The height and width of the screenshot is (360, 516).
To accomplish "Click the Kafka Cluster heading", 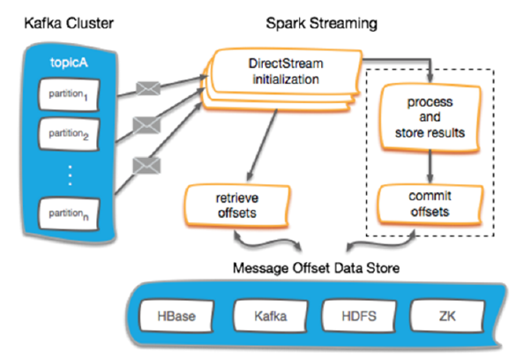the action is pyautogui.click(x=69, y=23).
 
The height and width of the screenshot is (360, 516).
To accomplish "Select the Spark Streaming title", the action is pyautogui.click(x=322, y=23).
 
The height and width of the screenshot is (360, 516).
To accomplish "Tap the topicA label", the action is pyautogui.click(x=69, y=62).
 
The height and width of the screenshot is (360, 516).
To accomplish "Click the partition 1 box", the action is pyautogui.click(x=69, y=94).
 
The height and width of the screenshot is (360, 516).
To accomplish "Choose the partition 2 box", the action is pyautogui.click(x=69, y=134).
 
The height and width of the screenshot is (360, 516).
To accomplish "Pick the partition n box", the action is pyautogui.click(x=69, y=214).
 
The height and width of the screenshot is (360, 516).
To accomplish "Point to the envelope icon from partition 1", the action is pyautogui.click(x=148, y=88).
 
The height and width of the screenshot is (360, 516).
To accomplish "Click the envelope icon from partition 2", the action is pyautogui.click(x=146, y=125).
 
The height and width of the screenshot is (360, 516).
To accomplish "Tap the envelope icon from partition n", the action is pyautogui.click(x=146, y=166).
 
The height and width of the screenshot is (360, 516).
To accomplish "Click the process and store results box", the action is pyautogui.click(x=430, y=117).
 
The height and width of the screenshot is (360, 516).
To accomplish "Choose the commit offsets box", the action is pyautogui.click(x=430, y=204).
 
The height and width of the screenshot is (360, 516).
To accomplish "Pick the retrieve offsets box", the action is pyautogui.click(x=237, y=206).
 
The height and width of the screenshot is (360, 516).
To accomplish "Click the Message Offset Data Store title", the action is pyautogui.click(x=317, y=268).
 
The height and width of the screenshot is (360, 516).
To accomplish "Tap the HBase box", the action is pyautogui.click(x=176, y=316).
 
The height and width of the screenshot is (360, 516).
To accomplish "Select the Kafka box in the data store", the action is pyautogui.click(x=271, y=316).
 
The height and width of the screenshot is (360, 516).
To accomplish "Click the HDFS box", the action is pyautogui.click(x=359, y=316).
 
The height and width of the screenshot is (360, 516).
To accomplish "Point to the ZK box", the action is pyautogui.click(x=447, y=316).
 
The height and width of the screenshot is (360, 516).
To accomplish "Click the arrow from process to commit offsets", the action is pyautogui.click(x=430, y=167).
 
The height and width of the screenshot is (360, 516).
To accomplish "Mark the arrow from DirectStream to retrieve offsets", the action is pyautogui.click(x=262, y=145).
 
